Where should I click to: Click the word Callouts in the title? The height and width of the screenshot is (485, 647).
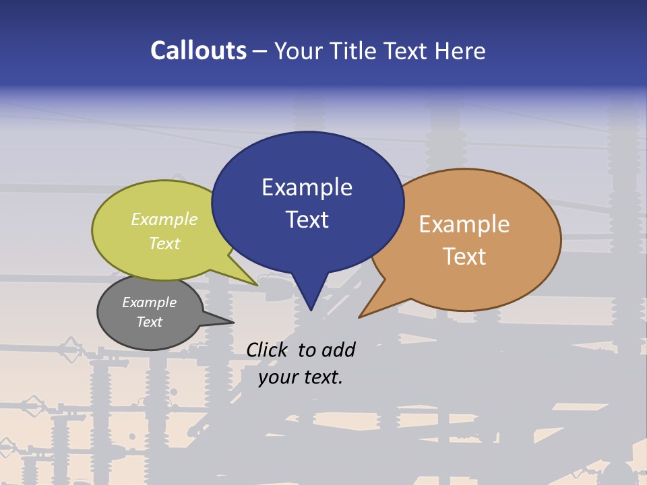199,51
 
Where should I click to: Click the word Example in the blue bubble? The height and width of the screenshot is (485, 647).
307,187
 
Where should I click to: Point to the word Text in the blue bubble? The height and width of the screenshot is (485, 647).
307,219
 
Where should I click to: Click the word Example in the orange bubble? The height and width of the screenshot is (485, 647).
464,224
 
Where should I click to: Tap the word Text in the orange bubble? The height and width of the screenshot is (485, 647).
464,256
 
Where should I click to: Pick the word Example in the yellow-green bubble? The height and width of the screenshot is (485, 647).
164,219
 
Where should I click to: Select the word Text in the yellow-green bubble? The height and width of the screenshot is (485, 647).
164,243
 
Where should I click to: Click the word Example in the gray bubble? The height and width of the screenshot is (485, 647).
149,302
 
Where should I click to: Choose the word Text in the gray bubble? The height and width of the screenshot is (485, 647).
149,322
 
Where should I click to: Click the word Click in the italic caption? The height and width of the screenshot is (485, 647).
268,350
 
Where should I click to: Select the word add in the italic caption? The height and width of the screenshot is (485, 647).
338,350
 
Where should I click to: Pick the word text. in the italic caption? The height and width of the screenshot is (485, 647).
321,377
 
